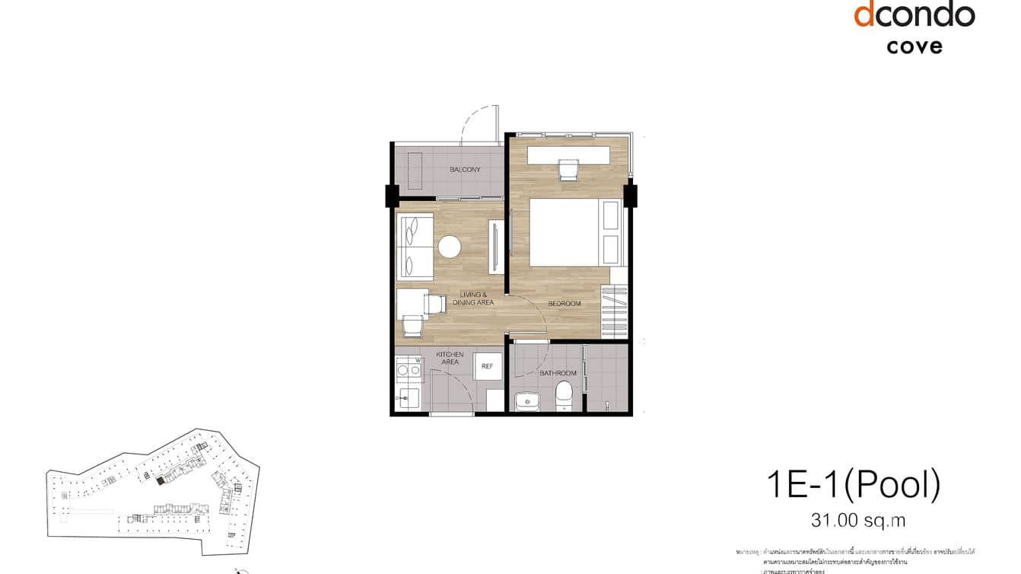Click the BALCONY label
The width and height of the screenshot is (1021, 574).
(465, 170)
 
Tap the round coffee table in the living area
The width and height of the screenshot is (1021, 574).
(449, 246)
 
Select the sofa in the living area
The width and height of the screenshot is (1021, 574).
(415, 247)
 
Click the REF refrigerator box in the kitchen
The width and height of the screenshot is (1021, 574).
(488, 367)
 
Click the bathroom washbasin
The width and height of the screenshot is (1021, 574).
(525, 400)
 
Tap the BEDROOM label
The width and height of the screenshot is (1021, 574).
(565, 304)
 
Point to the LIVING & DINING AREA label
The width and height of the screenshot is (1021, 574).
(473, 298)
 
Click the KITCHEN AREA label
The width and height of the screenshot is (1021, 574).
(450, 359)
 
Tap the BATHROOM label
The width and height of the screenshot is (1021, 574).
(558, 373)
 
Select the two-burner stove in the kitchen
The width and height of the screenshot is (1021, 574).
(409, 370)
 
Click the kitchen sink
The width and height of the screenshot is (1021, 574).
(409, 398)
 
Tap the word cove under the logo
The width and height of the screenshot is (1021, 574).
(914, 46)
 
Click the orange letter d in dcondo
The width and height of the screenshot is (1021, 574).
(863, 14)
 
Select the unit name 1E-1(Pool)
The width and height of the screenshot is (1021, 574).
(854, 486)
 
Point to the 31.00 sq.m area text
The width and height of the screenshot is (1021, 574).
(858, 521)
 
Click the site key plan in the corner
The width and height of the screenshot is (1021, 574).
(152, 491)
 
